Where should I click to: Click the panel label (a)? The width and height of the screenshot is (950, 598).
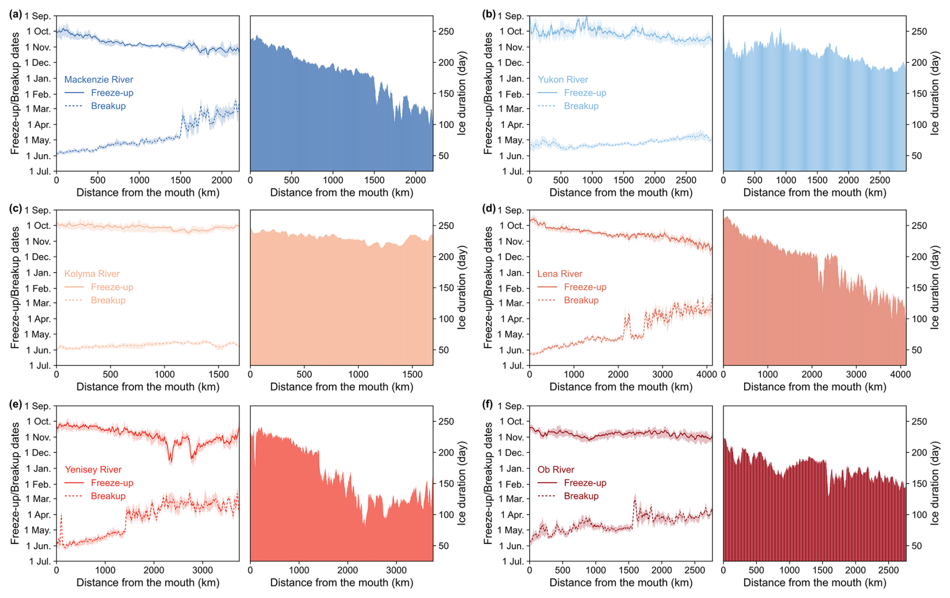(x=16, y=14)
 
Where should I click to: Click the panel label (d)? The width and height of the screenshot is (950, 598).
(x=489, y=208)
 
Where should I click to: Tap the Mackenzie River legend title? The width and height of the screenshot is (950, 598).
(x=98, y=79)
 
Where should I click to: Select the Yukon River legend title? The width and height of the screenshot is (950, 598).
(x=562, y=79)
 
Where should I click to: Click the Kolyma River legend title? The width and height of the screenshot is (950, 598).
(x=92, y=274)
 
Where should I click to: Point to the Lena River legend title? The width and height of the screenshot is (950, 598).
(x=559, y=274)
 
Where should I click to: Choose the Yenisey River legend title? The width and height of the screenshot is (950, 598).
(x=93, y=469)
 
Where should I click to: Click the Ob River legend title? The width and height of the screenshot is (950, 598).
(x=555, y=469)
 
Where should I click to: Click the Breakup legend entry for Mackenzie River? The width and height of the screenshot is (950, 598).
(x=108, y=106)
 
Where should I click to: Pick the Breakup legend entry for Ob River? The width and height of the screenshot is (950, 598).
(x=581, y=496)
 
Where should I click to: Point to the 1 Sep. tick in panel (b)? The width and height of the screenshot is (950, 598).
(x=510, y=16)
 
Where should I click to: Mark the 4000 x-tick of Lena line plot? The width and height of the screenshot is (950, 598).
(x=707, y=374)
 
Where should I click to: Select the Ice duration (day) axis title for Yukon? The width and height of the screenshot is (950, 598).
(x=934, y=93)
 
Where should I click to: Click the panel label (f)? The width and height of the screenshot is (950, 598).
(x=488, y=404)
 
